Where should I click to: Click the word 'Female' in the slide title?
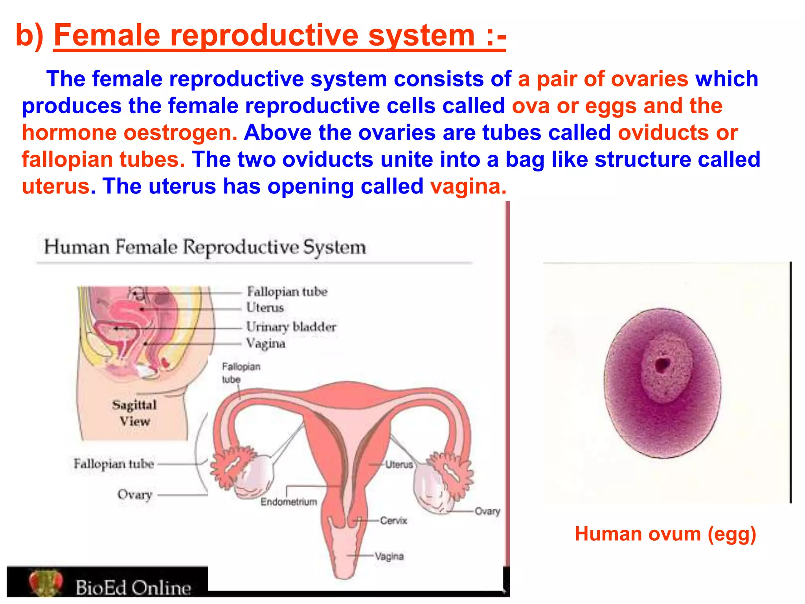[x=107, y=35]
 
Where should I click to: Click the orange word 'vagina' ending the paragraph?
[x=468, y=186]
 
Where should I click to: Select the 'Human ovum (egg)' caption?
[x=665, y=534]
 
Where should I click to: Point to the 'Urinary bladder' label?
[x=291, y=327]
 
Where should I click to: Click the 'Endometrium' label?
[x=289, y=502]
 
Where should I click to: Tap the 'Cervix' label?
[x=393, y=521]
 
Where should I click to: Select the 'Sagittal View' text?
[x=134, y=413]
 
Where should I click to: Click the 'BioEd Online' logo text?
[x=133, y=588]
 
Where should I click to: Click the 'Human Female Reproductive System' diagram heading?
[x=205, y=247]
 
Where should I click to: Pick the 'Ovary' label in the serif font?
[x=134, y=494]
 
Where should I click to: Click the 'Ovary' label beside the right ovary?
[x=487, y=511]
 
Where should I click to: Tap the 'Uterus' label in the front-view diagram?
[x=399, y=465]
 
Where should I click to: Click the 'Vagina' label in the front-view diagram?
[x=389, y=556]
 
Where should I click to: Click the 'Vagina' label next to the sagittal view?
[x=265, y=344]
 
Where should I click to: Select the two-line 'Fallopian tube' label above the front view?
[x=241, y=373]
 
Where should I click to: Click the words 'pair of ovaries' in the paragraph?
[x=612, y=79]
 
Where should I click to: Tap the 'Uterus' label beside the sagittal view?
[x=265, y=308]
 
